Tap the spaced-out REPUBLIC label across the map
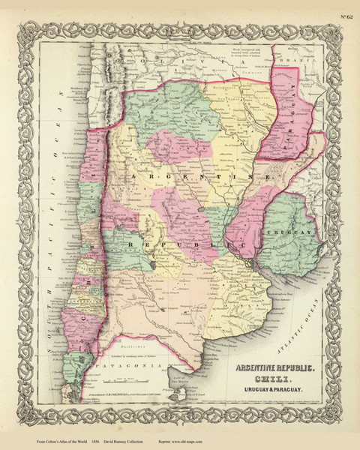[x=187, y=245]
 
